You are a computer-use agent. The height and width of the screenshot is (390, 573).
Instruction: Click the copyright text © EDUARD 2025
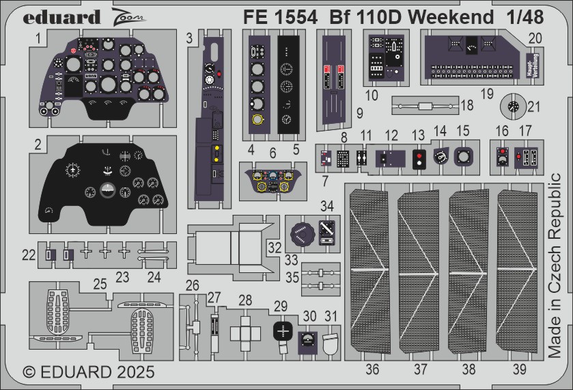pyautogui.click(x=89, y=373)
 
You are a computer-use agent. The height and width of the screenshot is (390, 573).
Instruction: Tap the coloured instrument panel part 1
pyautogui.click(x=102, y=79)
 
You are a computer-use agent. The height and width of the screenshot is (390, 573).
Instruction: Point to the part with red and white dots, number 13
pyautogui.click(x=418, y=159)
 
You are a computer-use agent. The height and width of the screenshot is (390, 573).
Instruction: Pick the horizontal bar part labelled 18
pyautogui.click(x=424, y=107)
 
